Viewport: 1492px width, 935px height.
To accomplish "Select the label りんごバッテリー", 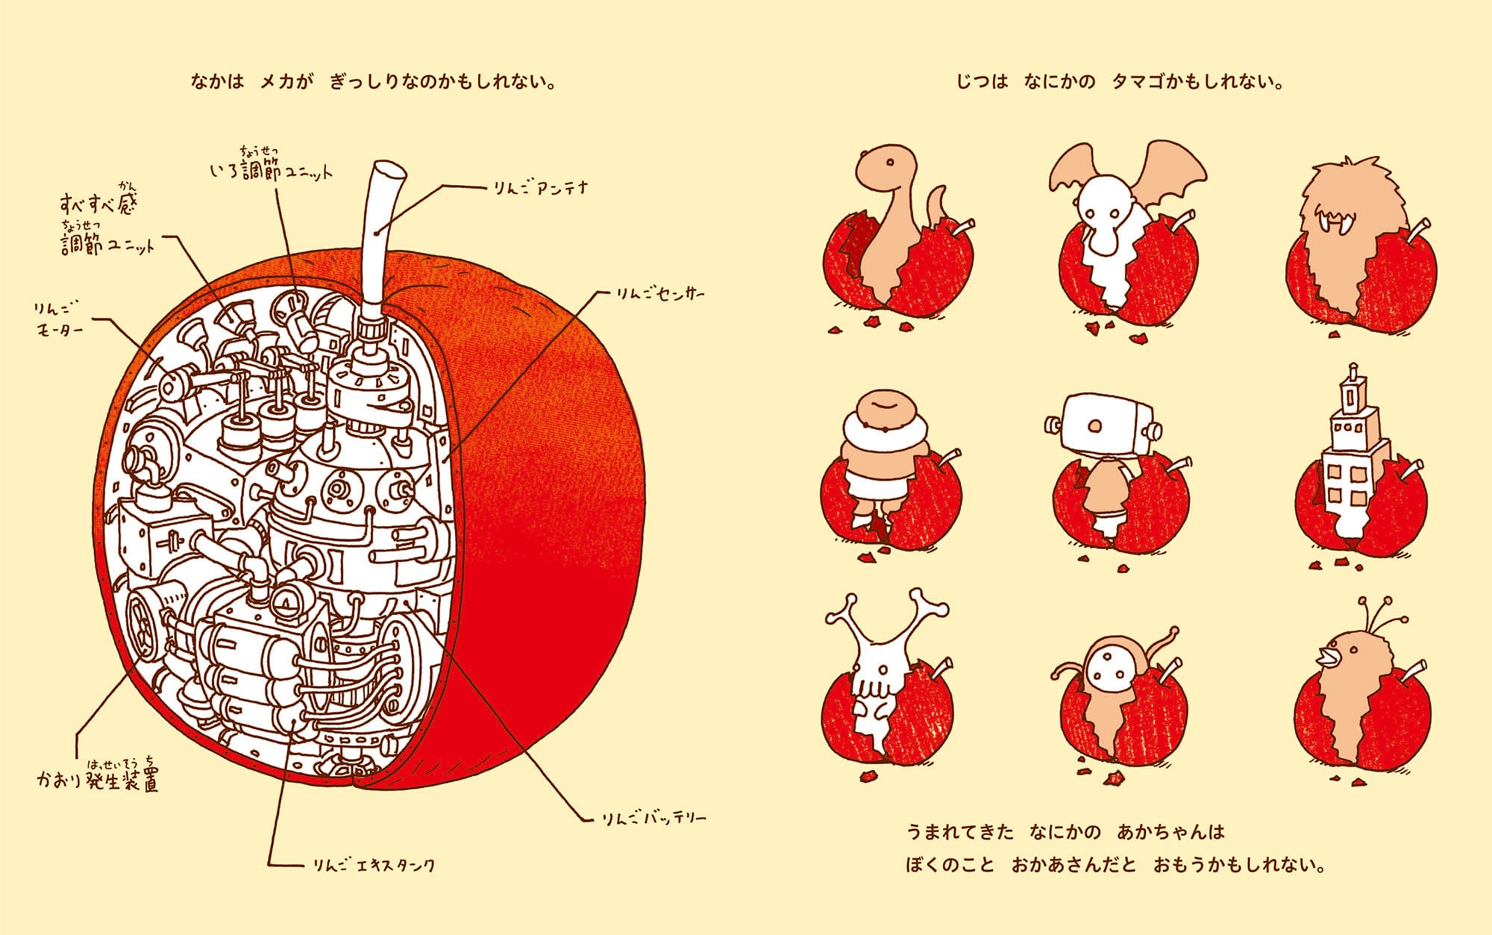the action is (653, 819).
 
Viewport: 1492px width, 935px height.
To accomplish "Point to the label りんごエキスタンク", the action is (374, 866).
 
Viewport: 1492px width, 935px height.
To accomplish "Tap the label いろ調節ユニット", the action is (270, 165).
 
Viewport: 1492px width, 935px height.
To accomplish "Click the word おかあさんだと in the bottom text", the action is (1073, 866).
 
